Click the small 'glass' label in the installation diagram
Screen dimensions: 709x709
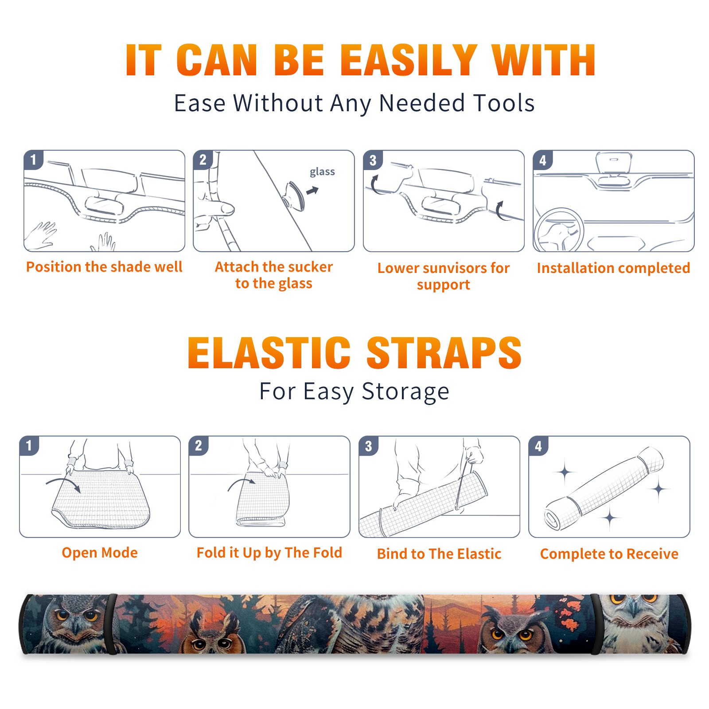pyautogui.click(x=322, y=172)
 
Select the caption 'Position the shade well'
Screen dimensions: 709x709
pyautogui.click(x=104, y=267)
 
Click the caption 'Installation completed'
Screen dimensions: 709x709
pyautogui.click(x=613, y=268)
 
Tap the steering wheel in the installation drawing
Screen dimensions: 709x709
pyautogui.click(x=559, y=230)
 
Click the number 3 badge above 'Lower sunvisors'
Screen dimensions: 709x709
pyautogui.click(x=373, y=160)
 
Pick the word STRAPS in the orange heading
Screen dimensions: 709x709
pyautogui.click(x=444, y=353)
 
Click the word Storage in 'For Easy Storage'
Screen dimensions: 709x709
pyautogui.click(x=405, y=392)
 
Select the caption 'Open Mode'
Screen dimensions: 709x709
pyautogui.click(x=100, y=553)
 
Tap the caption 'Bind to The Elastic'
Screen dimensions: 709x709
pyautogui.click(x=439, y=554)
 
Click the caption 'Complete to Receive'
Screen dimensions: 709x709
pyautogui.click(x=609, y=554)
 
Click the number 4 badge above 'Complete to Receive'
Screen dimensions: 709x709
pyautogui.click(x=538, y=446)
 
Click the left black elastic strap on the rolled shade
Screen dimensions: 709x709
pyautogui.click(x=112, y=624)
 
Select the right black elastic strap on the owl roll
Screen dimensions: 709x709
pyautogui.click(x=595, y=624)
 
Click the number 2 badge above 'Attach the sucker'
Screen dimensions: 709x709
pyautogui.click(x=203, y=160)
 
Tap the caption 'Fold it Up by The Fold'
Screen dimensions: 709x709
pyautogui.click(x=269, y=553)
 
